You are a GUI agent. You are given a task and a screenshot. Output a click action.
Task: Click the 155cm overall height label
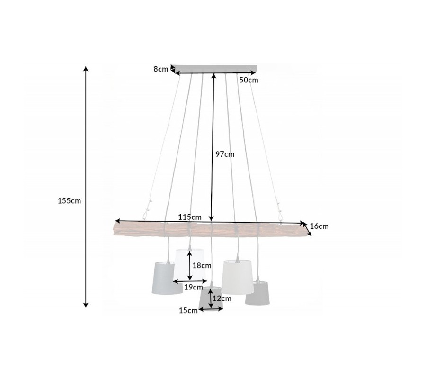tap(69, 201)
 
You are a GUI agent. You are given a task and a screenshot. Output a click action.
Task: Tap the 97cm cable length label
tap(225, 154)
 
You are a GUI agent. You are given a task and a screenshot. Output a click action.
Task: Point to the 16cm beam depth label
tap(319, 226)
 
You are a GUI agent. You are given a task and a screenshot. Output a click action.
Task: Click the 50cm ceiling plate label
tap(248, 80)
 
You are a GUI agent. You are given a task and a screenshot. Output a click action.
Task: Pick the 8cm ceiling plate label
tap(161, 69)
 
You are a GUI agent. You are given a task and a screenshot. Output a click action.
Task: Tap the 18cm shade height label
tap(202, 266)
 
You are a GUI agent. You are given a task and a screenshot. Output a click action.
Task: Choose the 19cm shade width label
tap(194, 287)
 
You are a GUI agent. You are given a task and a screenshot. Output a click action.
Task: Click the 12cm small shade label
tap(222, 299)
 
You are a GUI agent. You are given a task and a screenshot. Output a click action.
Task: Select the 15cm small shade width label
tap(188, 311)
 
